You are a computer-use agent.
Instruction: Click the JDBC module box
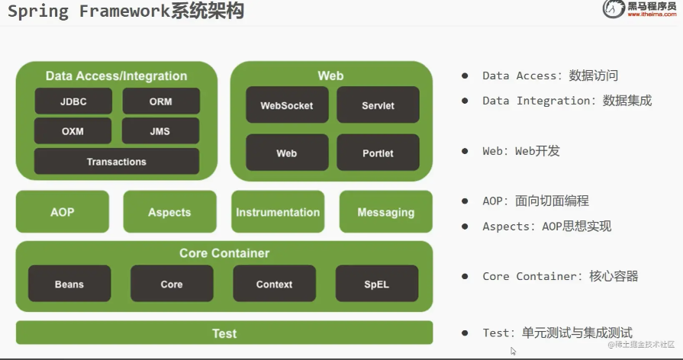coord(72,101)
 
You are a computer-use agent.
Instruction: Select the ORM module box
coord(161,101)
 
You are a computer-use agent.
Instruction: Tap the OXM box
coord(72,131)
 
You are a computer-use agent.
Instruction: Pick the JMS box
coord(161,131)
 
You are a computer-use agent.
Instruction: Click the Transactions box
coord(116,162)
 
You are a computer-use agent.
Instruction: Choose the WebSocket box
coord(286,105)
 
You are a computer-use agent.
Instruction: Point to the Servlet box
coord(378,105)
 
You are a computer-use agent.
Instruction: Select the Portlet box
coord(378,153)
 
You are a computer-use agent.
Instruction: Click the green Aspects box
coord(169,212)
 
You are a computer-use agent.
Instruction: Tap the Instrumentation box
coord(278,212)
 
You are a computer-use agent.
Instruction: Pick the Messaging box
coord(385,212)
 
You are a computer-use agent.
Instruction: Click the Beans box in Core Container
coord(69,284)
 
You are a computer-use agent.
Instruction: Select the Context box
coord(274,284)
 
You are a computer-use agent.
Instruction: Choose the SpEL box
coord(376,284)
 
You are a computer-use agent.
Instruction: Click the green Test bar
coord(224,333)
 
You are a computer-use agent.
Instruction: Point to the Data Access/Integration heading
coord(116,76)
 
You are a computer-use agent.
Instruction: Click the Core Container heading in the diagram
coord(224,253)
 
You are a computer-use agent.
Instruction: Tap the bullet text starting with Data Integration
coord(566,101)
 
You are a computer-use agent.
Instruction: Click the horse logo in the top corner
coord(613,10)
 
